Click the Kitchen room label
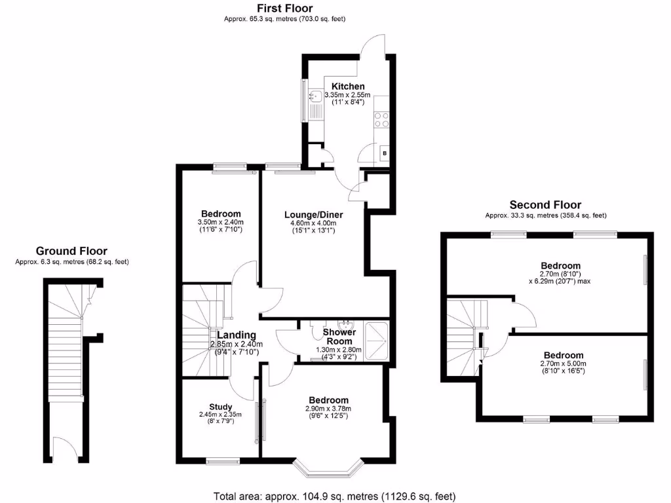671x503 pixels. pyautogui.click(x=347, y=86)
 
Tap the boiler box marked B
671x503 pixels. pyautogui.click(x=384, y=153)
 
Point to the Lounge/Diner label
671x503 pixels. pyautogui.click(x=313, y=214)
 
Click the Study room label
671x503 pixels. pyautogui.click(x=221, y=407)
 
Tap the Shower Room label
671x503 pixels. pyautogui.click(x=339, y=337)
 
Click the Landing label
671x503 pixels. pyautogui.click(x=237, y=335)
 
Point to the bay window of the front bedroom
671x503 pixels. pyautogui.click(x=328, y=468)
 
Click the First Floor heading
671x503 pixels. pyautogui.click(x=284, y=9)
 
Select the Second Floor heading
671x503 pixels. pyautogui.click(x=545, y=205)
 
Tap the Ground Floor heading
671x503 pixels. pyautogui.click(x=71, y=251)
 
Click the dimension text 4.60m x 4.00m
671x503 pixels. pyautogui.click(x=313, y=223)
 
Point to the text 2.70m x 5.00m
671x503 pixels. pyautogui.click(x=562, y=364)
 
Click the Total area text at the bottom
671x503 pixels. pyautogui.click(x=335, y=496)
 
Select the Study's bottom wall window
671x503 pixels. pyautogui.click(x=223, y=462)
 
